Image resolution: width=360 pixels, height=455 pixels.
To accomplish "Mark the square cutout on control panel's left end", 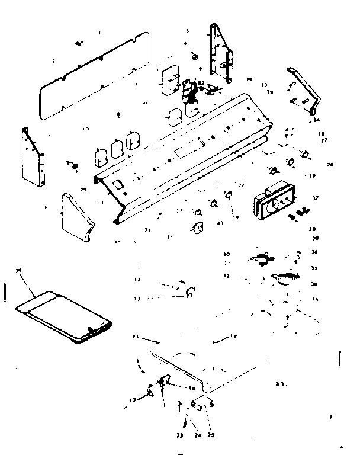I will click(118, 185).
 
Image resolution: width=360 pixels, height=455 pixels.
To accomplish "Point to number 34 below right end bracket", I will click(317, 120).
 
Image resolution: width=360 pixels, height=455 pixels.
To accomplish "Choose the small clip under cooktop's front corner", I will click(200, 405).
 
